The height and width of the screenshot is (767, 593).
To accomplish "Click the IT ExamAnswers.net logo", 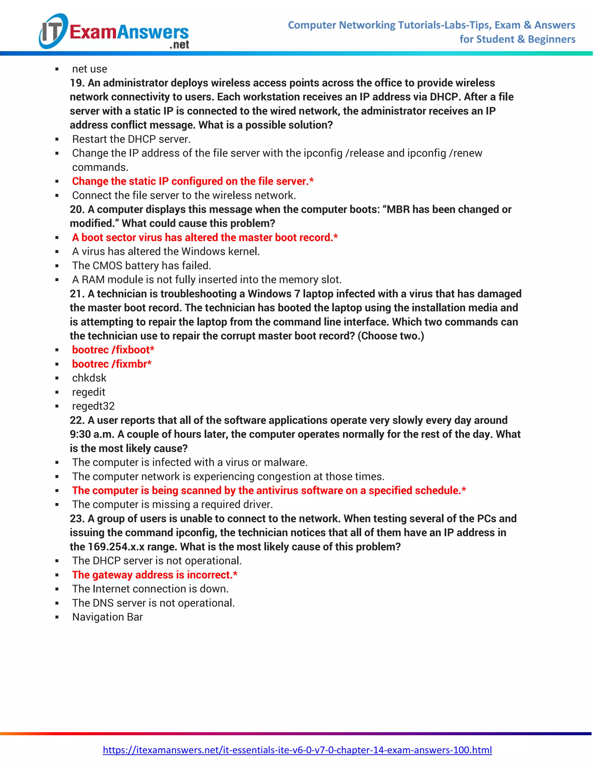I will [x=114, y=32].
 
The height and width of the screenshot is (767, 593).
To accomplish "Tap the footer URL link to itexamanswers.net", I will [x=297, y=750].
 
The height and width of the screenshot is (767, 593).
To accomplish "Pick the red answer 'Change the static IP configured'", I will [x=193, y=181].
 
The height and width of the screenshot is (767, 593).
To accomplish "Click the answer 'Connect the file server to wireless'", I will [x=184, y=195].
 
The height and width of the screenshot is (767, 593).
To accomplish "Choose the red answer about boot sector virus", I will [x=205, y=237].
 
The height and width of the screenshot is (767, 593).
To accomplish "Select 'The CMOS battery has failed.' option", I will [x=141, y=265].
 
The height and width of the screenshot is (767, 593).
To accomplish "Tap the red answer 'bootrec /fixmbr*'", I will [x=112, y=364].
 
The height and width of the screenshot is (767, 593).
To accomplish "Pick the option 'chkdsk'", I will [x=89, y=378].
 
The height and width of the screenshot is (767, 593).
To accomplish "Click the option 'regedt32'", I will [x=93, y=406].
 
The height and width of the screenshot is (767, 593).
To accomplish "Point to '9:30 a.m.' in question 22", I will [x=92, y=434].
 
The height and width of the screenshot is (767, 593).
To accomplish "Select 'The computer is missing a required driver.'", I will [x=172, y=504].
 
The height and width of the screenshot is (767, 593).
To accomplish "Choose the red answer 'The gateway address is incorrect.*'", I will [x=155, y=575].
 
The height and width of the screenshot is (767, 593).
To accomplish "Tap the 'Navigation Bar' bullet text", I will [x=107, y=617].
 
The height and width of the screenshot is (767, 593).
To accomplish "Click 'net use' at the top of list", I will [x=89, y=69].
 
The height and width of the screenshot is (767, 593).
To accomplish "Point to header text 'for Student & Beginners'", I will [x=517, y=39].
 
